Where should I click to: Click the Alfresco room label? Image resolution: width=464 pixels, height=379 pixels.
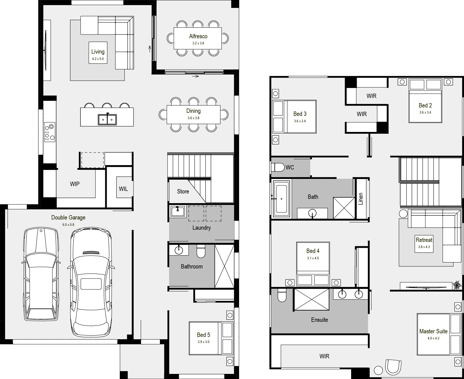pos(198,36)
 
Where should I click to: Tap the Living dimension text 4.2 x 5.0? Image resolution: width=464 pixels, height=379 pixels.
pos(98,59)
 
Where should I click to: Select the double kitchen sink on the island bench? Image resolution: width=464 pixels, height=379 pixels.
pos(107,119)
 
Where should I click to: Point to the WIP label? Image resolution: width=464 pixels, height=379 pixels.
pos(75,184)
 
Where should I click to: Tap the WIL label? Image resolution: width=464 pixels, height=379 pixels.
pos(123,189)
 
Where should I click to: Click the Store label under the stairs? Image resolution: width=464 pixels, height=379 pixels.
pos(183,191)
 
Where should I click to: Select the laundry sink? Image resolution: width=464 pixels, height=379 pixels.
pos(178,211)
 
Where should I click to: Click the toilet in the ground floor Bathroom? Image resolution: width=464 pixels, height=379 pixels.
pos(201,251)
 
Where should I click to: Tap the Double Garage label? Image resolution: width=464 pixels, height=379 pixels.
pos(68,217)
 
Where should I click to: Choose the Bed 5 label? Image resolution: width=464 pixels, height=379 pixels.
pos(203,335)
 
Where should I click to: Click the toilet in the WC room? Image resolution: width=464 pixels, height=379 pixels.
pos(278,167)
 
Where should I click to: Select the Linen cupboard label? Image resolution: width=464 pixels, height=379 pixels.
pos(361,199)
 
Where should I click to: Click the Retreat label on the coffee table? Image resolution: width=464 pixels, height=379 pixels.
pos(424,240)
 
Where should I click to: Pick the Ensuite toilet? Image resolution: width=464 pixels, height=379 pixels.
pos(282,295)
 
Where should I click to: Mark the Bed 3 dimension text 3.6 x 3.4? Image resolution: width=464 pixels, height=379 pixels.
pos(300,121)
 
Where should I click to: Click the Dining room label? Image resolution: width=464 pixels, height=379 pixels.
pos(193,111)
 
